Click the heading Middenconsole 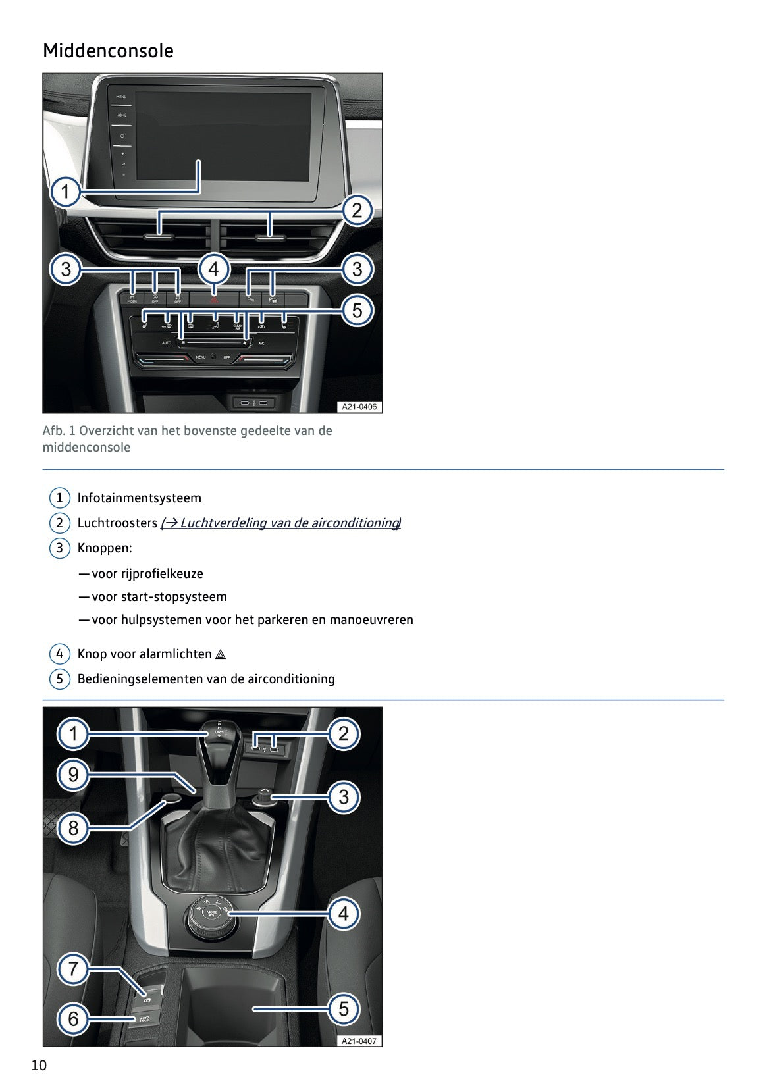(x=108, y=51)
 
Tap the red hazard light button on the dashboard (x=213, y=298)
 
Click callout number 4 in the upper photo (x=213, y=269)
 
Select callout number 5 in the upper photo (x=357, y=310)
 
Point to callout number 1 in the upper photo (x=66, y=192)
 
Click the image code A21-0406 (x=359, y=407)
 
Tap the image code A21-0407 (x=359, y=1041)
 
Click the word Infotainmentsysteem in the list (x=139, y=498)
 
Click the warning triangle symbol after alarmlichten (x=221, y=654)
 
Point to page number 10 (x=39, y=1066)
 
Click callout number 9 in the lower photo (x=73, y=774)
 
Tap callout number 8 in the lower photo (x=73, y=828)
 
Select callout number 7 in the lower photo (x=73, y=969)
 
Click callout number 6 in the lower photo (x=73, y=1019)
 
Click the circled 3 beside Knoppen (x=59, y=548)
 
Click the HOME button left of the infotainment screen (x=122, y=115)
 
